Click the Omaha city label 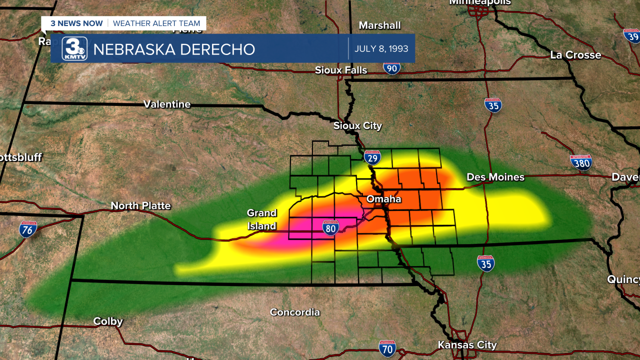(383, 199)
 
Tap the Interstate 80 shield (330, 227)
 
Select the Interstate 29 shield (372, 158)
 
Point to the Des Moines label (495, 177)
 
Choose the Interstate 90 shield (392, 67)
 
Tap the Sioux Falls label (341, 70)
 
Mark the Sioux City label (357, 126)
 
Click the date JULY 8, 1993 (381, 49)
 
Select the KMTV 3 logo (74, 49)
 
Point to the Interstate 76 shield (28, 229)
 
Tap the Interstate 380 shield (581, 162)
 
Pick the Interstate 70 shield (387, 348)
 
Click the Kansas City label (467, 345)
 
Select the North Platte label (140, 206)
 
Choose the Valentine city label (167, 104)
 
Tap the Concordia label (294, 312)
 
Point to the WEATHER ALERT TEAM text (156, 23)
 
